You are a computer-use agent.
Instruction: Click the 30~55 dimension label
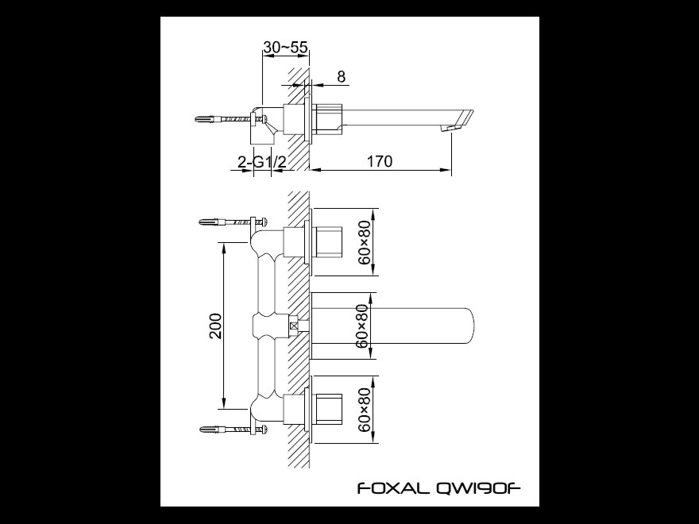click(x=286, y=47)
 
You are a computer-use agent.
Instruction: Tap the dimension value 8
click(x=341, y=77)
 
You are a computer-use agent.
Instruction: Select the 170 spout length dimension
click(x=380, y=161)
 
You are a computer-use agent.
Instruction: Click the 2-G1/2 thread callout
click(x=261, y=162)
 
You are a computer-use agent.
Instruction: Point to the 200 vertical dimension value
click(x=216, y=326)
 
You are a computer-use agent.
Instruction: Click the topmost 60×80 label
click(x=365, y=242)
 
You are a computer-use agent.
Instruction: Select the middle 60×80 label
click(x=363, y=326)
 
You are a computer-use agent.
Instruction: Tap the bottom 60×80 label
click(x=365, y=410)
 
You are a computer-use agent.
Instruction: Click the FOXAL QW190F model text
click(x=438, y=488)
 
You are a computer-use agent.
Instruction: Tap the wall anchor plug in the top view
click(x=207, y=119)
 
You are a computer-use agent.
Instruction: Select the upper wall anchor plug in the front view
click(x=210, y=222)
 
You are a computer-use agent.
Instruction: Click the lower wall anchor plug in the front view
click(x=210, y=430)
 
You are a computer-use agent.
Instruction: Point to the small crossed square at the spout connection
click(x=294, y=326)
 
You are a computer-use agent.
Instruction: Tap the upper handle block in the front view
click(x=329, y=242)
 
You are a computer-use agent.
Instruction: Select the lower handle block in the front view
click(x=329, y=409)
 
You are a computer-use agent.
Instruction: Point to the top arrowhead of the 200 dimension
click(x=224, y=249)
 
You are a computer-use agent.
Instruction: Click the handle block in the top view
click(x=329, y=118)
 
